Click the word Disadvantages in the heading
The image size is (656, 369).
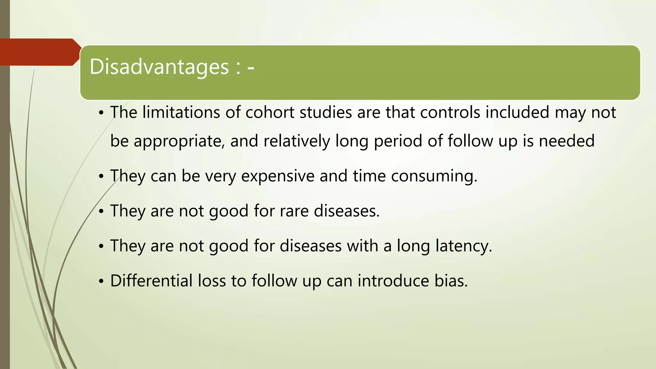click(159, 67)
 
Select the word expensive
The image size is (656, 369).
click(278, 176)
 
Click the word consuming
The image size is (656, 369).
click(434, 176)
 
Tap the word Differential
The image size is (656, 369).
click(151, 281)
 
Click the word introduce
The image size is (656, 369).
click(393, 281)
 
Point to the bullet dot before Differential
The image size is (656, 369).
click(101, 282)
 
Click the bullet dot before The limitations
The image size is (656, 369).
click(101, 113)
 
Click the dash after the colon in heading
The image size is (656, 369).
click(251, 68)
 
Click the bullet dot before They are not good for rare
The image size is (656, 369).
click(101, 212)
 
